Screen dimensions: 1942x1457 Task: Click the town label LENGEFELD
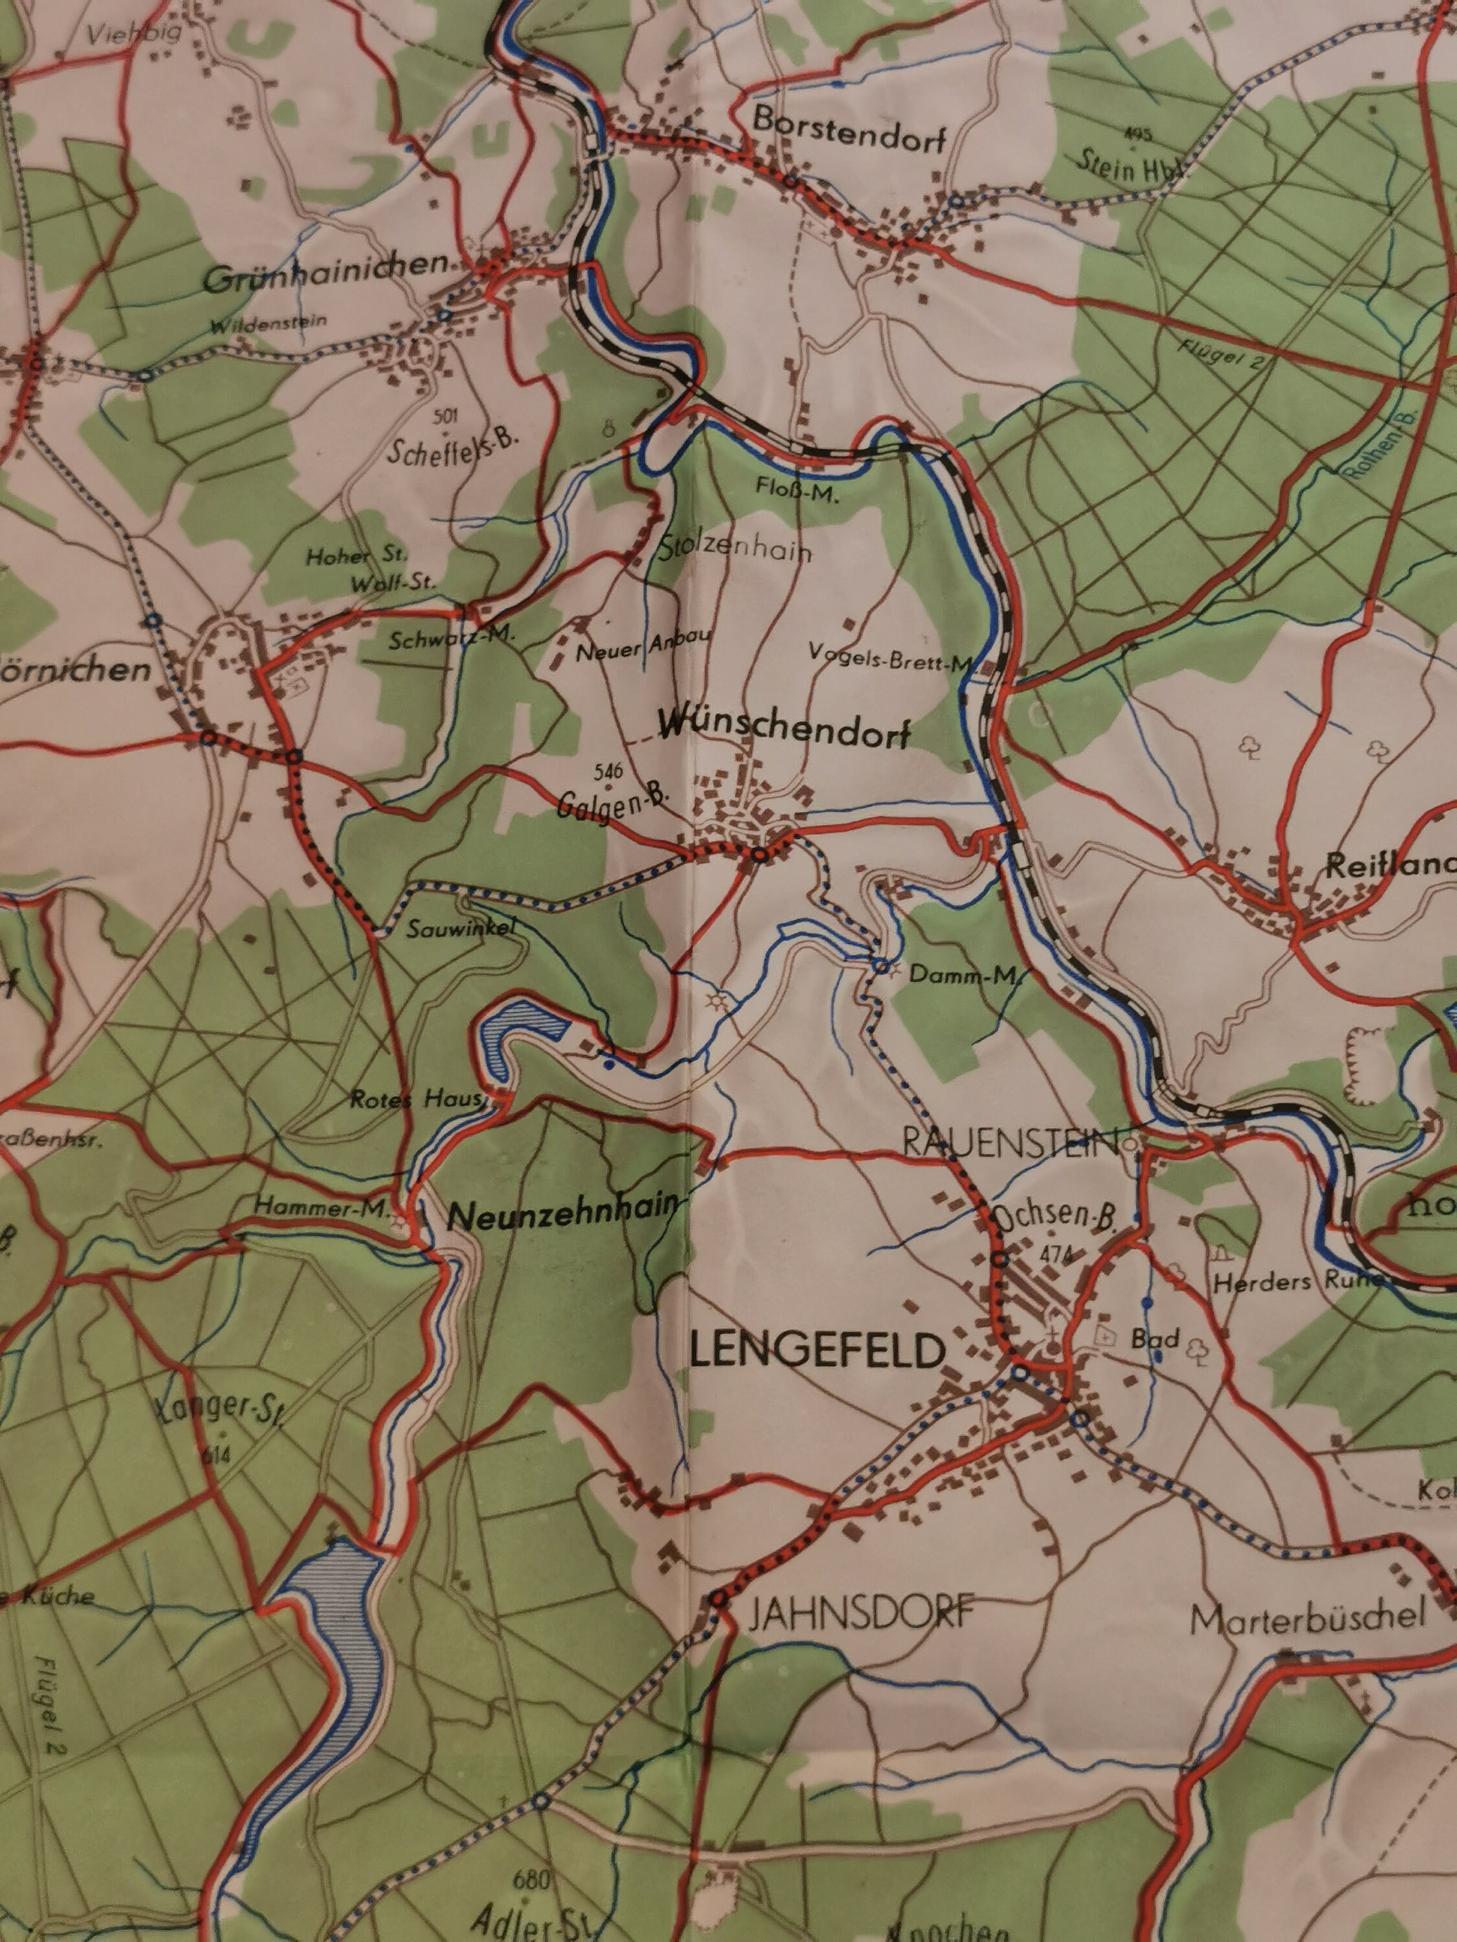point(817,1353)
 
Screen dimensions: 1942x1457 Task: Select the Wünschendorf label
point(784,730)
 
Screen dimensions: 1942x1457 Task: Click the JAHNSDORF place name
point(861,1613)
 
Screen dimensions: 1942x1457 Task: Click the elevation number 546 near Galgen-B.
point(608,772)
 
